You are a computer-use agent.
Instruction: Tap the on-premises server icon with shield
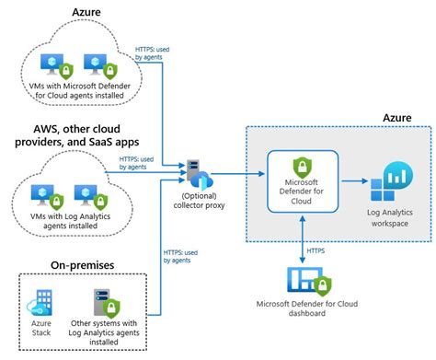pos(104,303)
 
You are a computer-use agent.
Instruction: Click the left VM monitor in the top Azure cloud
pos(47,62)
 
